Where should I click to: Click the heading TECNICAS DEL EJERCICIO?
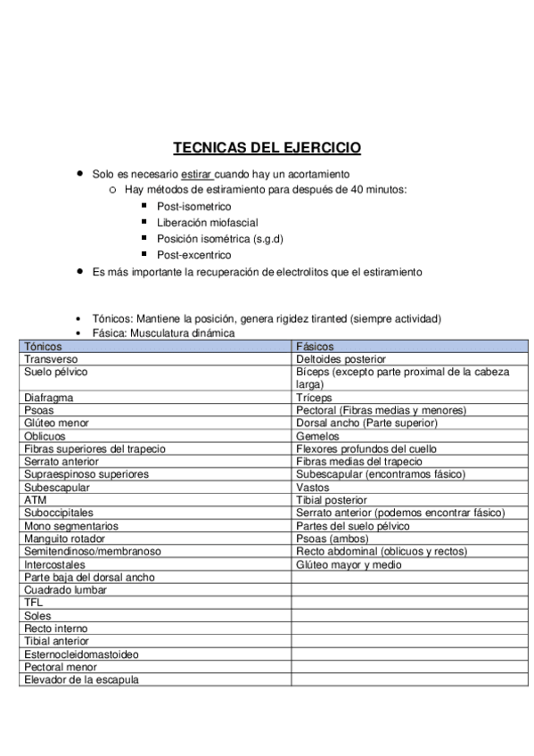coord(267,148)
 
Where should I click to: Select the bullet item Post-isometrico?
coord(193,206)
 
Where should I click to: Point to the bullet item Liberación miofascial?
coord(208,222)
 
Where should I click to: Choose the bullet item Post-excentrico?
coord(193,254)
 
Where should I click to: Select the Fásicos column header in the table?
coord(315,345)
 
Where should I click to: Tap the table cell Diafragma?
coord(49,398)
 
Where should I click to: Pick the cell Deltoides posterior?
coord(341,358)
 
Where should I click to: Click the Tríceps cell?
coord(314,398)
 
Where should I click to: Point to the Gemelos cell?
coord(318,437)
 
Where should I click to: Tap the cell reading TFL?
coord(34,603)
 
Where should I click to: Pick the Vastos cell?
coord(312,488)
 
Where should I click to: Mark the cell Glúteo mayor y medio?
coord(349,564)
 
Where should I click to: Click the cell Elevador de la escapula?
coord(81,679)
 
